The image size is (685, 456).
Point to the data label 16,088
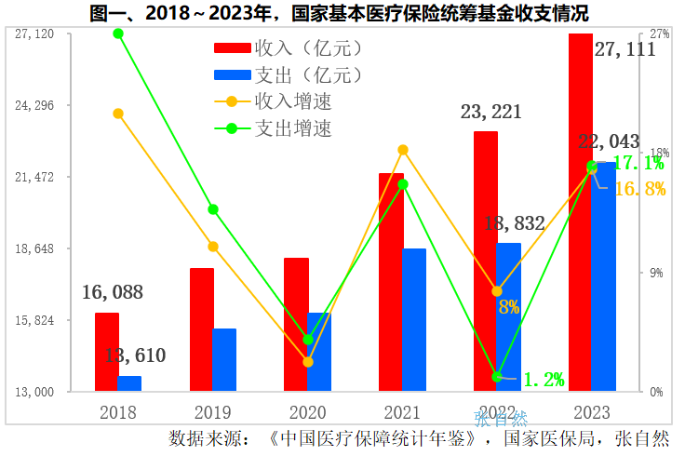point(113,292)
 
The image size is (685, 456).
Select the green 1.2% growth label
point(544,379)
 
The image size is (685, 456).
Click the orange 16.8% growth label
point(640,189)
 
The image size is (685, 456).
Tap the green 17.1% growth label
point(640,164)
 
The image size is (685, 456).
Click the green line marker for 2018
point(118,34)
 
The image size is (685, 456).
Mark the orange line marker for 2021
point(403,150)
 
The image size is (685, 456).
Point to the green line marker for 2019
point(213,209)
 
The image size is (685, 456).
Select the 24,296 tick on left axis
point(34,105)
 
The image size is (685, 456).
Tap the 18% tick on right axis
point(659,153)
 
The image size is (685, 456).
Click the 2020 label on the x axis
point(307,412)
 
